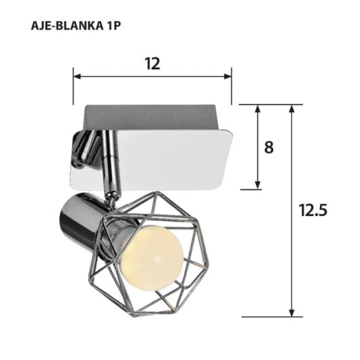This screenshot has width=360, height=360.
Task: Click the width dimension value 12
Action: (152, 63)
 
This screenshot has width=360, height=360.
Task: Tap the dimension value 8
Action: (269, 147)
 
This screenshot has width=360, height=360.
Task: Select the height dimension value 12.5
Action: (313, 211)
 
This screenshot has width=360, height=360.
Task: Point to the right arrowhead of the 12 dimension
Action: (229, 76)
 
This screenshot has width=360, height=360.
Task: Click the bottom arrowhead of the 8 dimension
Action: (258, 185)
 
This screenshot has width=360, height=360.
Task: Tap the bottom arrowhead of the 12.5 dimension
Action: (292, 313)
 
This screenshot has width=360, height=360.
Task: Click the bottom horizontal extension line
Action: (265, 317)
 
